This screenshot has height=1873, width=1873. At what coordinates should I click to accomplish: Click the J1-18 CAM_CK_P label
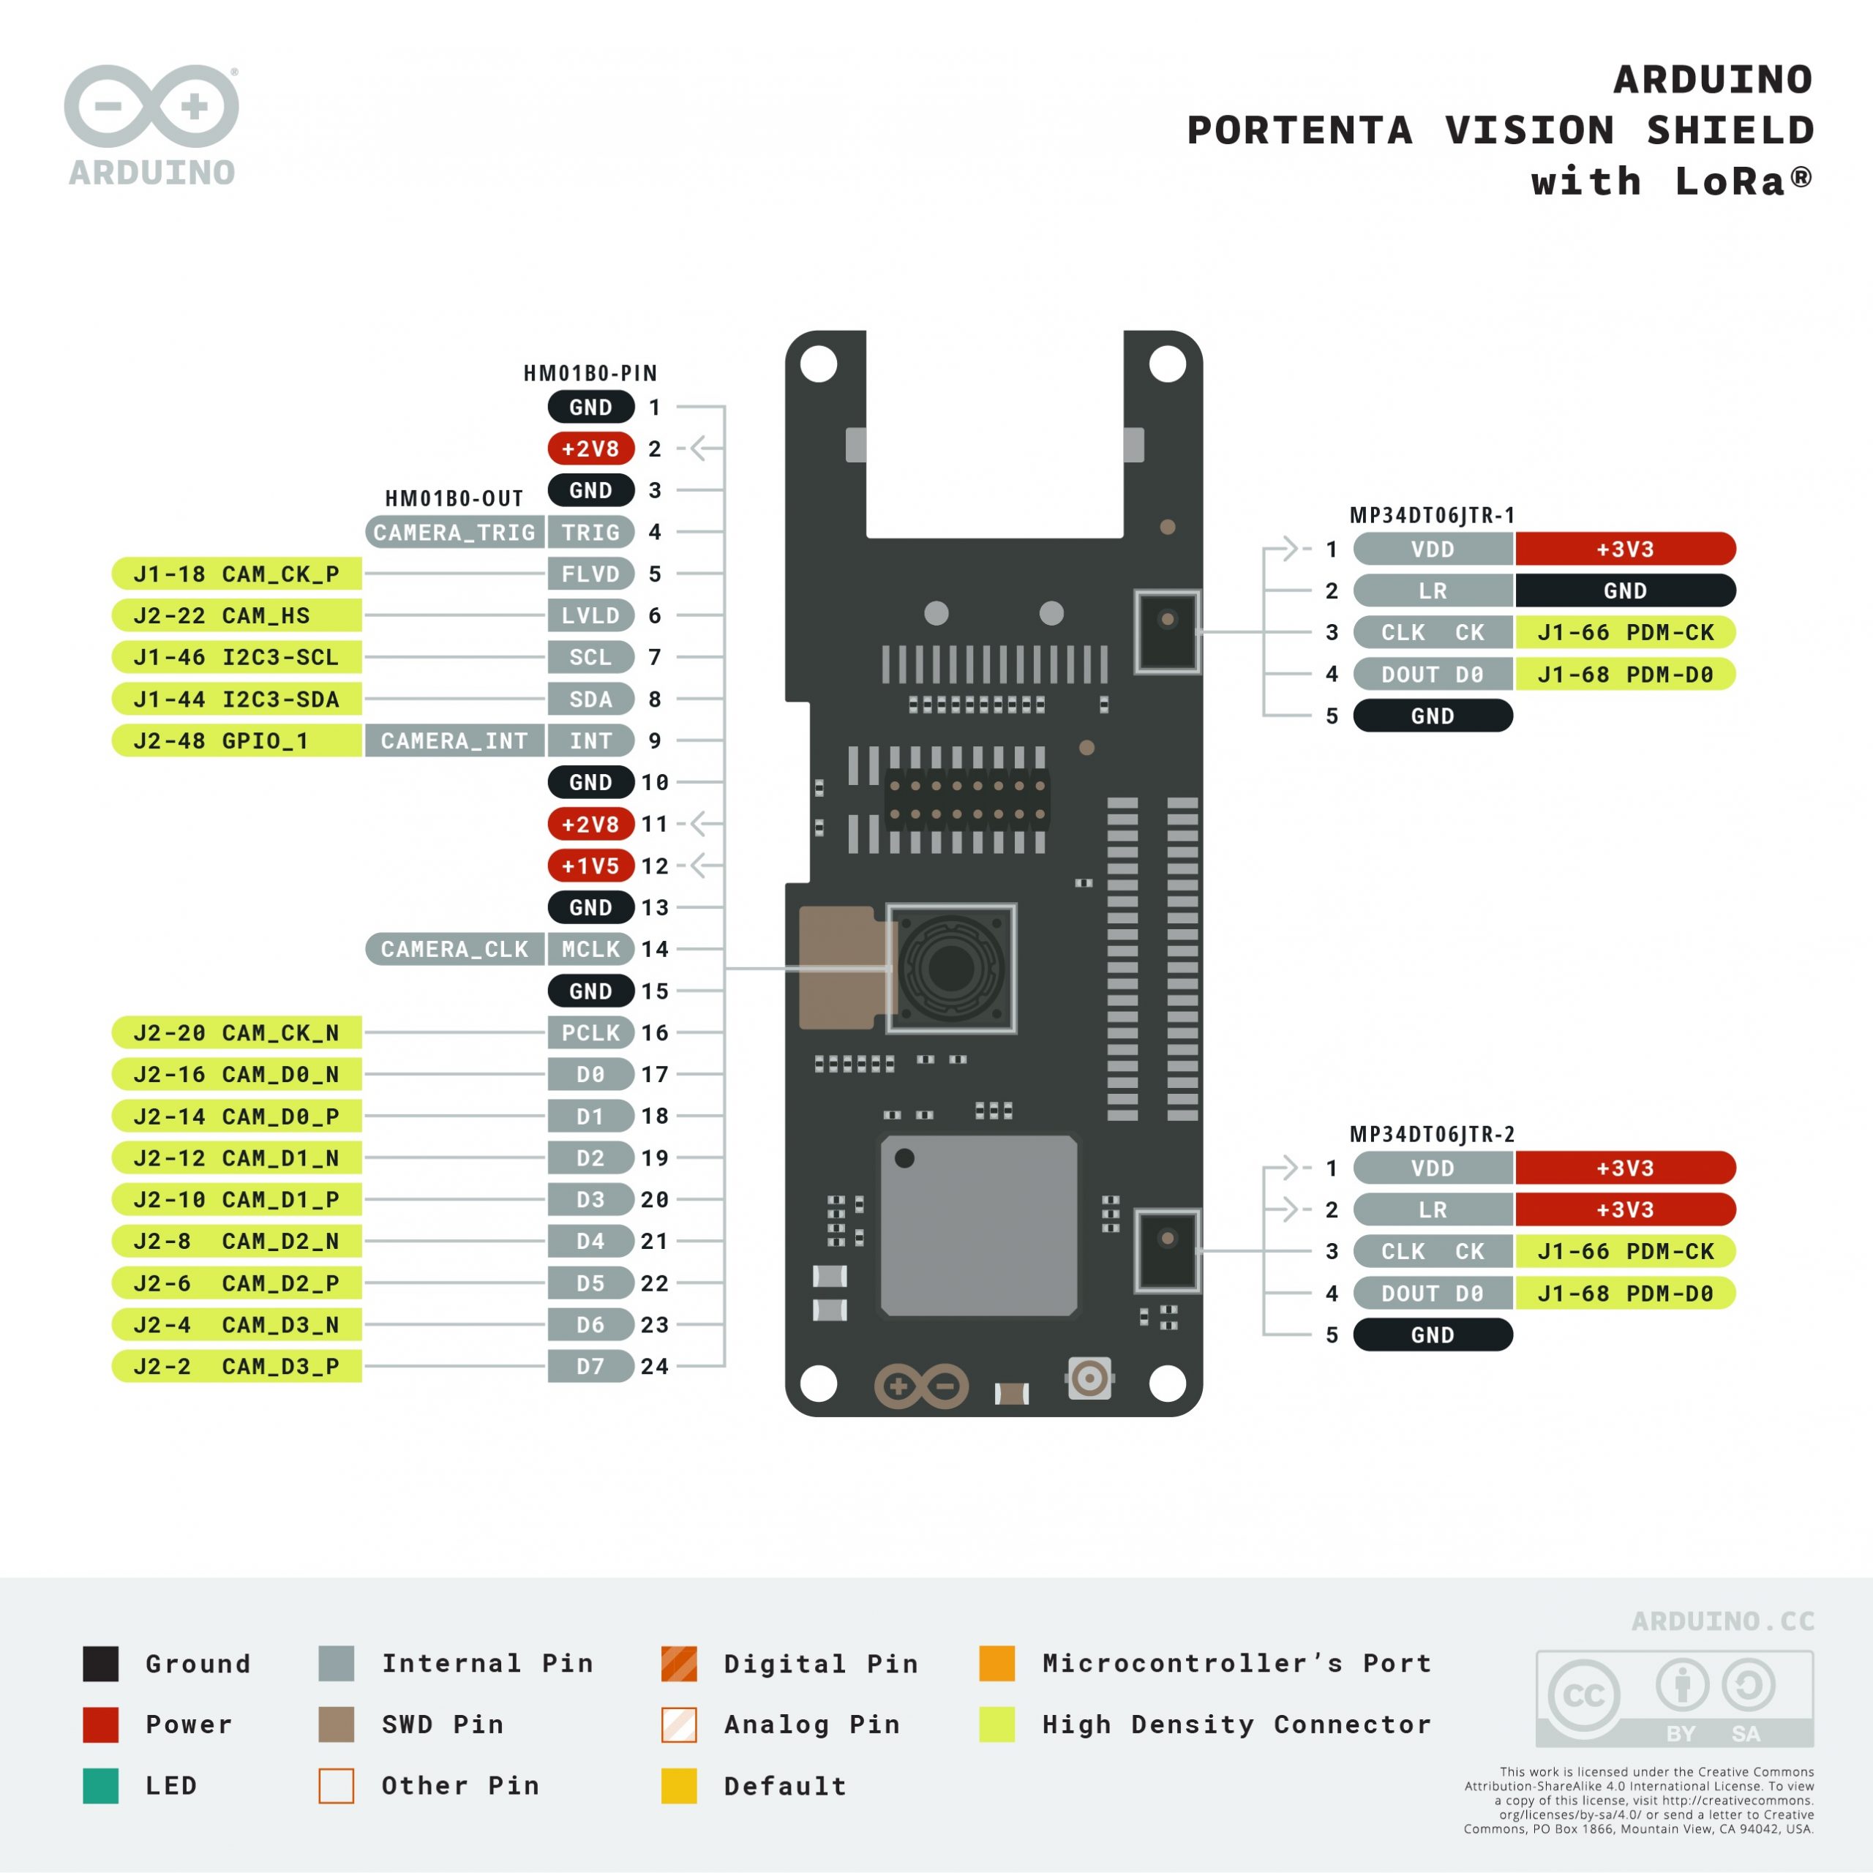point(236,574)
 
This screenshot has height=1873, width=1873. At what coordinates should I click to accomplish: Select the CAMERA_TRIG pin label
point(454,532)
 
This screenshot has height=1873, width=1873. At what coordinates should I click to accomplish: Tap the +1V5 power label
point(590,866)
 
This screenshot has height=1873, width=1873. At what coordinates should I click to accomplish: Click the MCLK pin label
point(590,949)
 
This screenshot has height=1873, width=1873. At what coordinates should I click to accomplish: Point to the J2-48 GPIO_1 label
point(236,740)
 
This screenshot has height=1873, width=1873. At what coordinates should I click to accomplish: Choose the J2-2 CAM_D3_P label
point(236,1366)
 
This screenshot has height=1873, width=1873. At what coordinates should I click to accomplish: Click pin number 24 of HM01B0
point(654,1366)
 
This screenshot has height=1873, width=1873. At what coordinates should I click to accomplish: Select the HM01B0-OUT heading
point(454,498)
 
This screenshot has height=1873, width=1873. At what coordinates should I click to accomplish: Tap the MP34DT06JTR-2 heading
point(1432,1134)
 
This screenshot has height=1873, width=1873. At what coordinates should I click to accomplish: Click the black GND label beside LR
point(1625,590)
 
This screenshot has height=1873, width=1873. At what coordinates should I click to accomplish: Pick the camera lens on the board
point(951,966)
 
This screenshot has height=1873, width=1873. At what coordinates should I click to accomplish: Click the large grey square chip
point(978,1225)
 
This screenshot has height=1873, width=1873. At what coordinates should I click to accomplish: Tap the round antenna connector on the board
point(1089,1377)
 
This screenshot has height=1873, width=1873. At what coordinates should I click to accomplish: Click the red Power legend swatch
point(101,1724)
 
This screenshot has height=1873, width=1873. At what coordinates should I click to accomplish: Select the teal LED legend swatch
point(101,1786)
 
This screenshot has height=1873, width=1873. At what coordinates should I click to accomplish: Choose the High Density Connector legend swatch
point(996,1724)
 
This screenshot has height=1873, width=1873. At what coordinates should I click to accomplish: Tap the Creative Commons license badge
point(1674,1698)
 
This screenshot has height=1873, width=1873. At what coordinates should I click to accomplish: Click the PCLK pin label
point(590,1032)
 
